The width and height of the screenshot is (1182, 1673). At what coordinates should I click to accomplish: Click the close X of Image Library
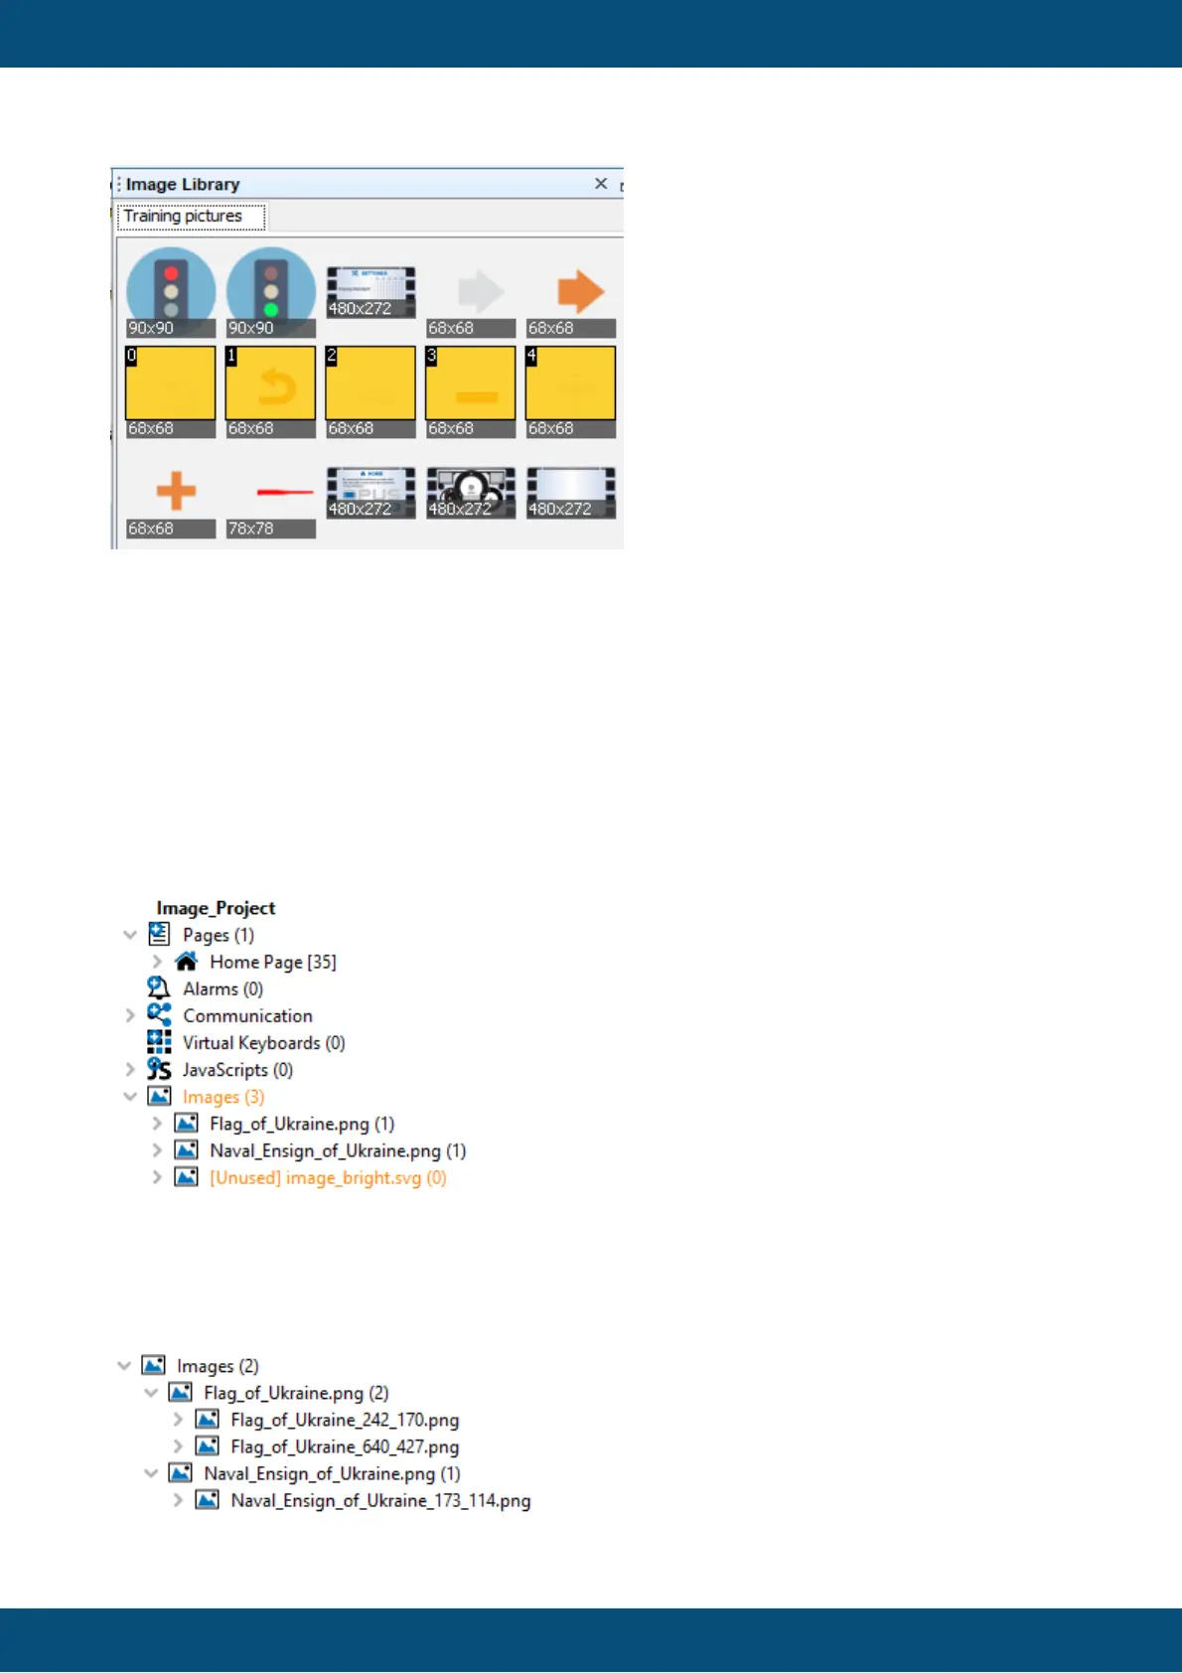[601, 184]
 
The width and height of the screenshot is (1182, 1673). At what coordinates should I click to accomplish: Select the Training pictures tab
[184, 217]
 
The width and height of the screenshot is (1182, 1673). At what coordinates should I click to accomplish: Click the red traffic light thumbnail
[171, 290]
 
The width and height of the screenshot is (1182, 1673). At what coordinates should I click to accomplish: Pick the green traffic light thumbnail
[270, 290]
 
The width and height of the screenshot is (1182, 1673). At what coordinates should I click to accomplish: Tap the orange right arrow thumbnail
[579, 292]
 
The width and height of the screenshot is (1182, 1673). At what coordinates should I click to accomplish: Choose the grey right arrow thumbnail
[480, 292]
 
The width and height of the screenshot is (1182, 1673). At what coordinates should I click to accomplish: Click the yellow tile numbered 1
[270, 385]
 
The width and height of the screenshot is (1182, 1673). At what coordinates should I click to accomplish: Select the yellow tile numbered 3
[471, 385]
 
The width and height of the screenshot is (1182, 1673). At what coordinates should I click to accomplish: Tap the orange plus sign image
[176, 491]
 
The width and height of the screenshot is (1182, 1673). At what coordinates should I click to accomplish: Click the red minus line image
[283, 492]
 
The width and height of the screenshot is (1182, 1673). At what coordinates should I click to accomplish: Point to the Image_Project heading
[216, 908]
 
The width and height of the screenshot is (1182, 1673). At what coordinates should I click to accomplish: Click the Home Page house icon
[186, 962]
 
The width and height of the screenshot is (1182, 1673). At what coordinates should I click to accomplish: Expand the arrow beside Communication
[130, 1015]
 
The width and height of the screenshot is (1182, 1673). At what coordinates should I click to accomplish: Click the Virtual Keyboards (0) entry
[263, 1043]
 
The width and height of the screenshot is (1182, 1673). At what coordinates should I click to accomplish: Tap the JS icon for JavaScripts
[159, 1069]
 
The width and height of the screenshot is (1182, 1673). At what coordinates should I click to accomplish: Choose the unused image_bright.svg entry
[328, 1178]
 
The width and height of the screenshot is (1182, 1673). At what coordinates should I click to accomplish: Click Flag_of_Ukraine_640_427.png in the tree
[345, 1447]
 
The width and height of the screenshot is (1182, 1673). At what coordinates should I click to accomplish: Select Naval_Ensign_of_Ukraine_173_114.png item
[380, 1501]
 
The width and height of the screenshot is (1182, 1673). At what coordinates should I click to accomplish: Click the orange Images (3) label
[223, 1097]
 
